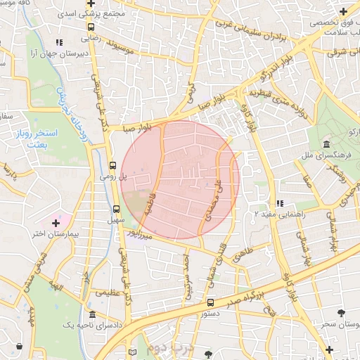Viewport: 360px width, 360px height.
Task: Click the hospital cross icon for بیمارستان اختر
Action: coord(56,223)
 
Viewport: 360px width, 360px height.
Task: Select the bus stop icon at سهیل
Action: coord(117,209)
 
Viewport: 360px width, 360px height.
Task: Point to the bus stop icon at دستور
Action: coord(210,302)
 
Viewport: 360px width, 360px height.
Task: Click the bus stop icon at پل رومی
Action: coord(112,166)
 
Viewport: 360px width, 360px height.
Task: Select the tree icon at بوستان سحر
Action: coord(342,312)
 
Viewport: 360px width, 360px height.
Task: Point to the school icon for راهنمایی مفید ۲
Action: coord(280,203)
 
